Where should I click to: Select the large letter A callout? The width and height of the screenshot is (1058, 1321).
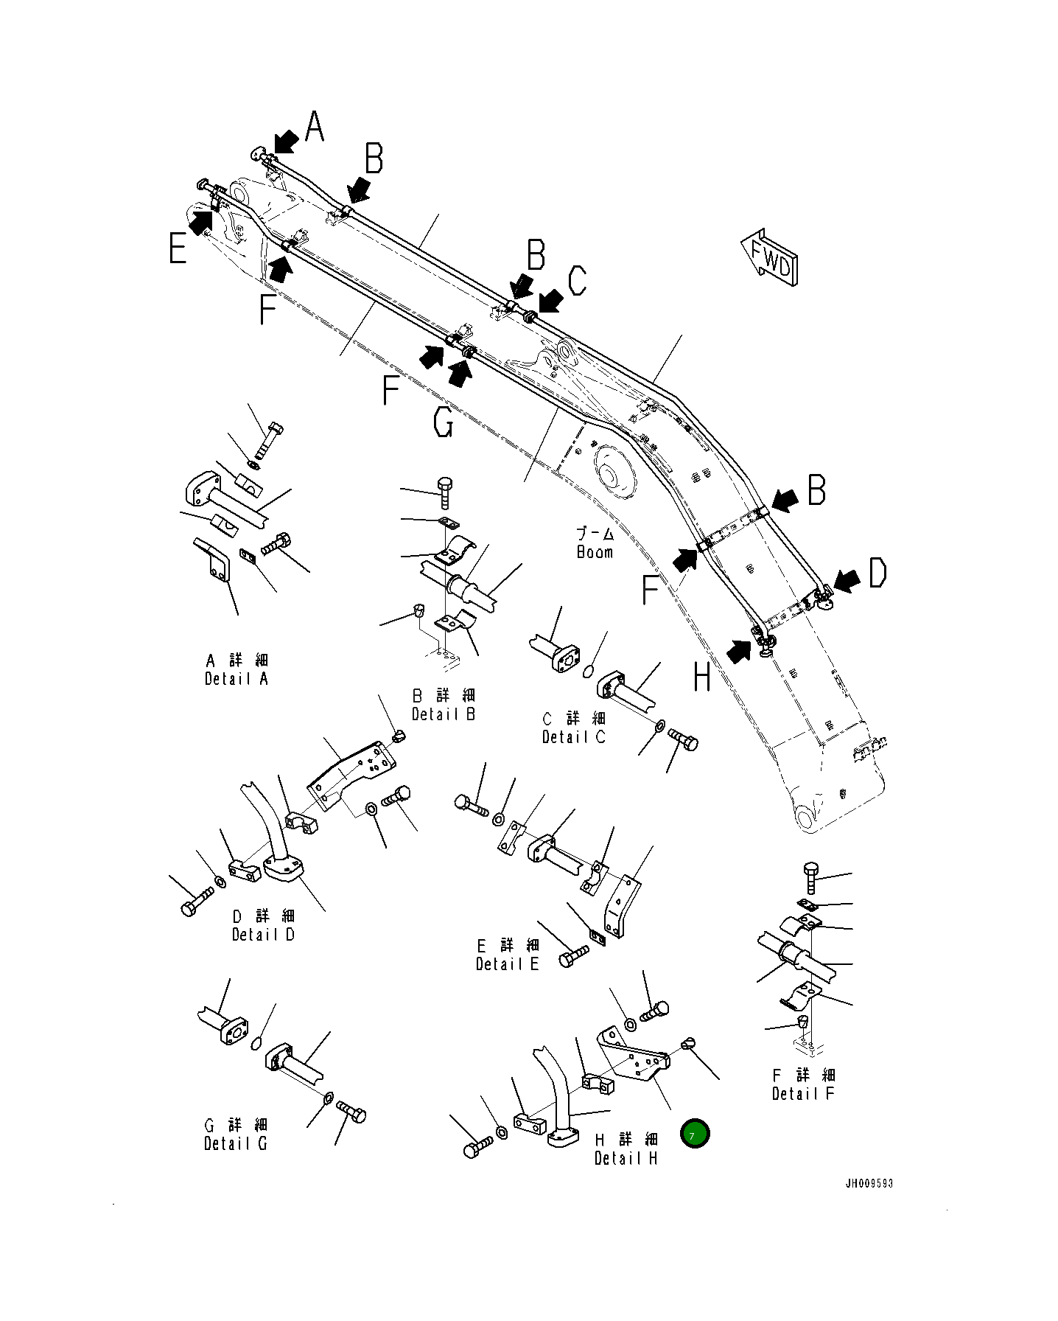pos(315,126)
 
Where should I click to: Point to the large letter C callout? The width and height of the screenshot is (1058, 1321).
pos(578,280)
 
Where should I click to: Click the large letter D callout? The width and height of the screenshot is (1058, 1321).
pos(877,573)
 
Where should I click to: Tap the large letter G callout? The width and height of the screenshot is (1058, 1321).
pos(444,423)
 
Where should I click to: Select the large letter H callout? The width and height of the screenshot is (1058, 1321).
pos(702,676)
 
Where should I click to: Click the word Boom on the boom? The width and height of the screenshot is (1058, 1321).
pos(595,552)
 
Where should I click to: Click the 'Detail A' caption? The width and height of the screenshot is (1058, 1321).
pos(236,679)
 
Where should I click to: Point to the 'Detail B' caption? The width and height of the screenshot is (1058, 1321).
pos(444,714)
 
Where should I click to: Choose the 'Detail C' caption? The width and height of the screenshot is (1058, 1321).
pos(574,736)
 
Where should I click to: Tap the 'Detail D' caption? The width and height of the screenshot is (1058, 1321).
pos(263,934)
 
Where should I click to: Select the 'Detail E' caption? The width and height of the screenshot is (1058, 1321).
pos(507,963)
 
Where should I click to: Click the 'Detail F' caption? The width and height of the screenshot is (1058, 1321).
pos(803,1093)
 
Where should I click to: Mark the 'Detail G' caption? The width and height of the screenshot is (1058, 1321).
pos(236,1143)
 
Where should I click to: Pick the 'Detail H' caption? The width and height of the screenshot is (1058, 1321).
pos(626,1158)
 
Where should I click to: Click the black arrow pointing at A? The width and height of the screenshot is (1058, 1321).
pos(286,140)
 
